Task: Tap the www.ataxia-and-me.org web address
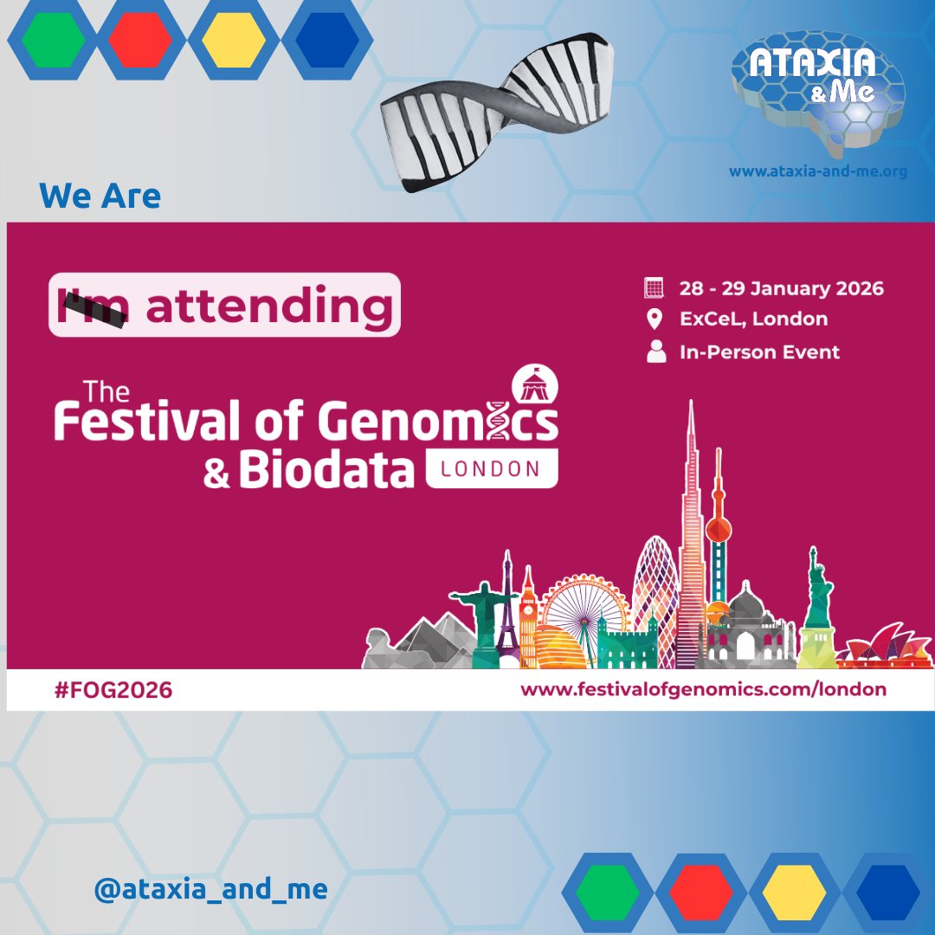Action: coord(817,171)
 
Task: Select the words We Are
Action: coord(100,197)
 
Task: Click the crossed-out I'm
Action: coord(93,306)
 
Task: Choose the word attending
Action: coord(268,306)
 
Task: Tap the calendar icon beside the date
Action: coord(654,287)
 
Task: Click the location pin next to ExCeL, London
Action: coord(654,319)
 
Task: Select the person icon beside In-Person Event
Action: coord(656,351)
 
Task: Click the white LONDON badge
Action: coord(492,469)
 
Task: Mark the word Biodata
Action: coord(327,469)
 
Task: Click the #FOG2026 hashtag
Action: coord(113,690)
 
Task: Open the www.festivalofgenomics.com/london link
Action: coord(703,690)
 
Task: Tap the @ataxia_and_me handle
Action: coord(210,889)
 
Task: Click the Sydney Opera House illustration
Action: coord(887,647)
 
